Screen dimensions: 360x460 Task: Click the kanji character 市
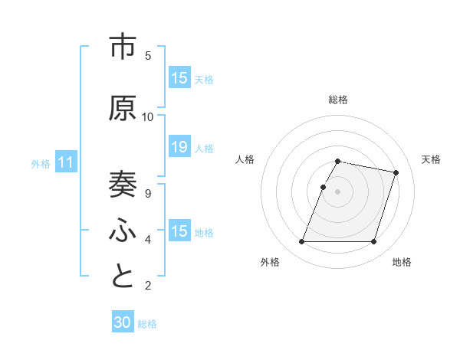tap(123, 47)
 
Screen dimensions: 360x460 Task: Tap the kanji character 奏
tap(123, 184)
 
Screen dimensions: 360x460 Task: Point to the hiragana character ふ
tap(123, 231)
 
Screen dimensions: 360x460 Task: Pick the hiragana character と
tap(123, 277)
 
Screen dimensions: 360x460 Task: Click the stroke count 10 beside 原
tap(148, 117)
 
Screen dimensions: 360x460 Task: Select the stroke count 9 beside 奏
tap(148, 193)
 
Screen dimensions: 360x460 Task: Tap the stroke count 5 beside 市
tap(148, 56)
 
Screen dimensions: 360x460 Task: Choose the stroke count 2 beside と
tap(148, 286)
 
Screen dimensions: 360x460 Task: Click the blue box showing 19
tap(179, 147)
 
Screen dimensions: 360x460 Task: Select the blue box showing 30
tap(123, 322)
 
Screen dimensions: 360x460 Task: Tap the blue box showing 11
tap(66, 162)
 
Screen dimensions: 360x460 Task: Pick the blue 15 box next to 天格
tap(179, 78)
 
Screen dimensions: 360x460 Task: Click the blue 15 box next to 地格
tap(179, 231)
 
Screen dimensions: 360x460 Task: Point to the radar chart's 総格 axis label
tap(338, 100)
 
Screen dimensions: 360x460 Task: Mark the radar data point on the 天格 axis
tap(396, 172)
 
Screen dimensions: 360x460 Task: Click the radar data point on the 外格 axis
tap(302, 242)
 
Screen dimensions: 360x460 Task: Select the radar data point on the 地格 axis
tap(374, 242)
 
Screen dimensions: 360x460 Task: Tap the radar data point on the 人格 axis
tap(323, 187)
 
